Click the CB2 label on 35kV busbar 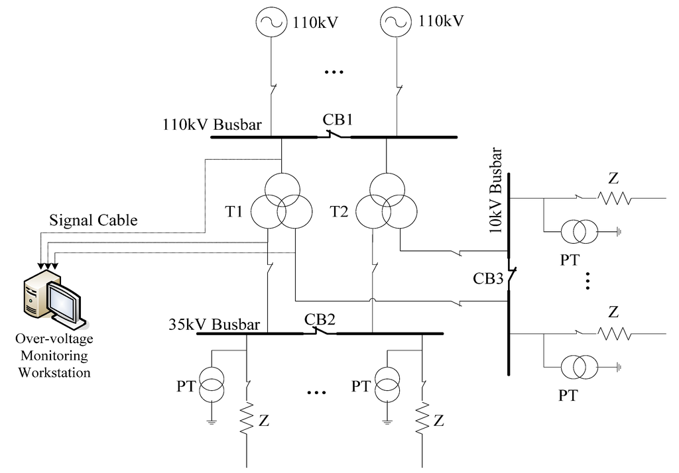tap(320, 318)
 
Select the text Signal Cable tap(93, 221)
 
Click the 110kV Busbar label tap(212, 125)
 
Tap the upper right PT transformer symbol tap(580, 231)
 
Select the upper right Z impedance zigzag tap(613, 198)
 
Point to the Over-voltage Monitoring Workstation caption tap(54, 355)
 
